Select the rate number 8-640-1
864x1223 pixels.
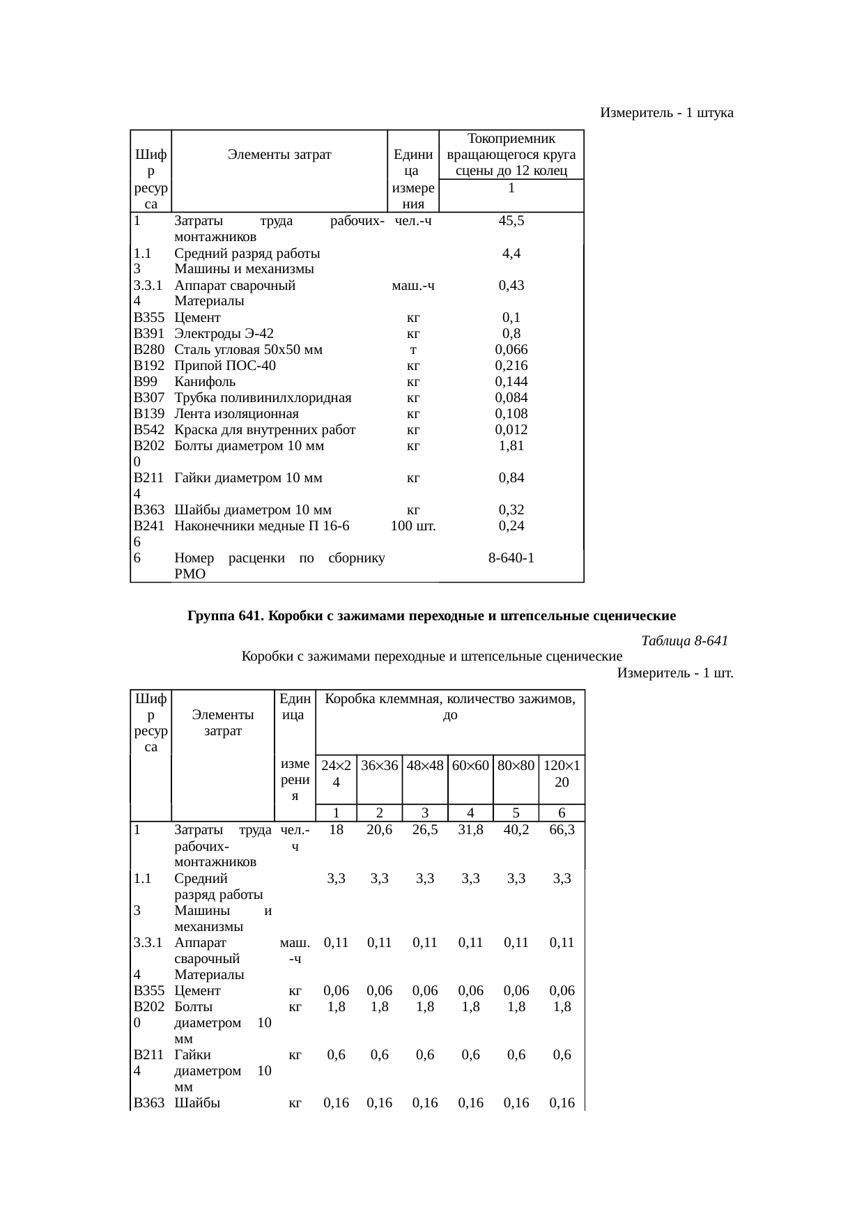coord(511,558)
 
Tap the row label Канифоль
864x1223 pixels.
coord(205,381)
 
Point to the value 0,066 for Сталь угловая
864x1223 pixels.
coord(511,349)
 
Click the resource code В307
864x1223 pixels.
coord(148,398)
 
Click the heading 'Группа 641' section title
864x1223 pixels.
coord(431,616)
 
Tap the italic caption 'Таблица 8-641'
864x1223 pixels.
coord(684,640)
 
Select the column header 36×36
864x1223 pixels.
coord(379,765)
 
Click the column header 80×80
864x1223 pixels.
coord(516,765)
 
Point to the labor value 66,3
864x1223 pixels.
coord(562,830)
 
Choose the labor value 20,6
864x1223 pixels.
coord(379,830)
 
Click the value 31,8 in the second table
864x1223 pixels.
coord(470,830)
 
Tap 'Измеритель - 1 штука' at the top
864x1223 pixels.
coord(666,112)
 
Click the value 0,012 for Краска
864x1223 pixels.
coord(511,430)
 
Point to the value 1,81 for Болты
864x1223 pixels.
coord(511,446)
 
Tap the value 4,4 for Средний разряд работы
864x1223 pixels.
coord(511,253)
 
